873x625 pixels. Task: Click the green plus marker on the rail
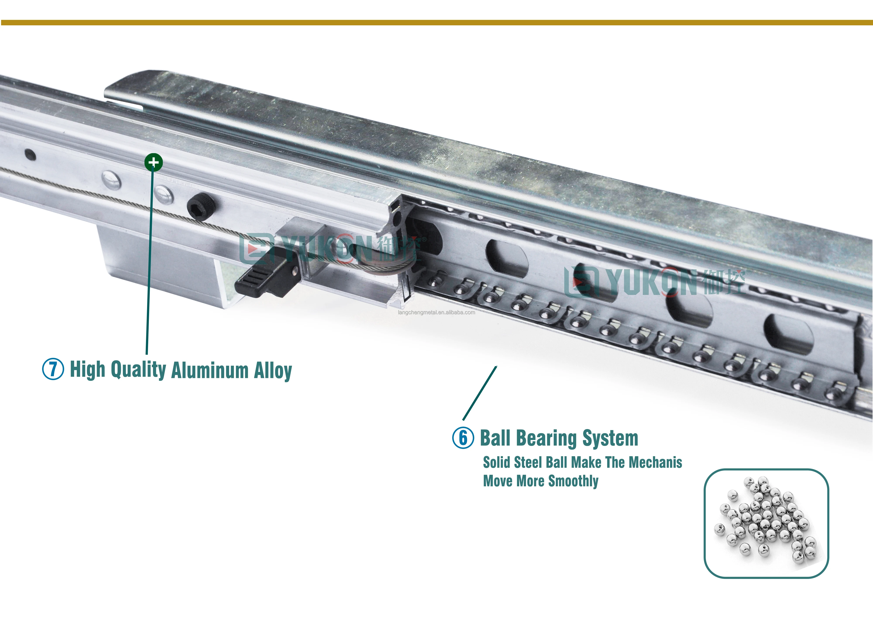click(153, 162)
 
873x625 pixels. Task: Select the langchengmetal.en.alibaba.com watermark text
click(436, 312)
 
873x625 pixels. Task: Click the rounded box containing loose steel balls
click(766, 523)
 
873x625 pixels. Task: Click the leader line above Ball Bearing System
click(480, 393)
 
